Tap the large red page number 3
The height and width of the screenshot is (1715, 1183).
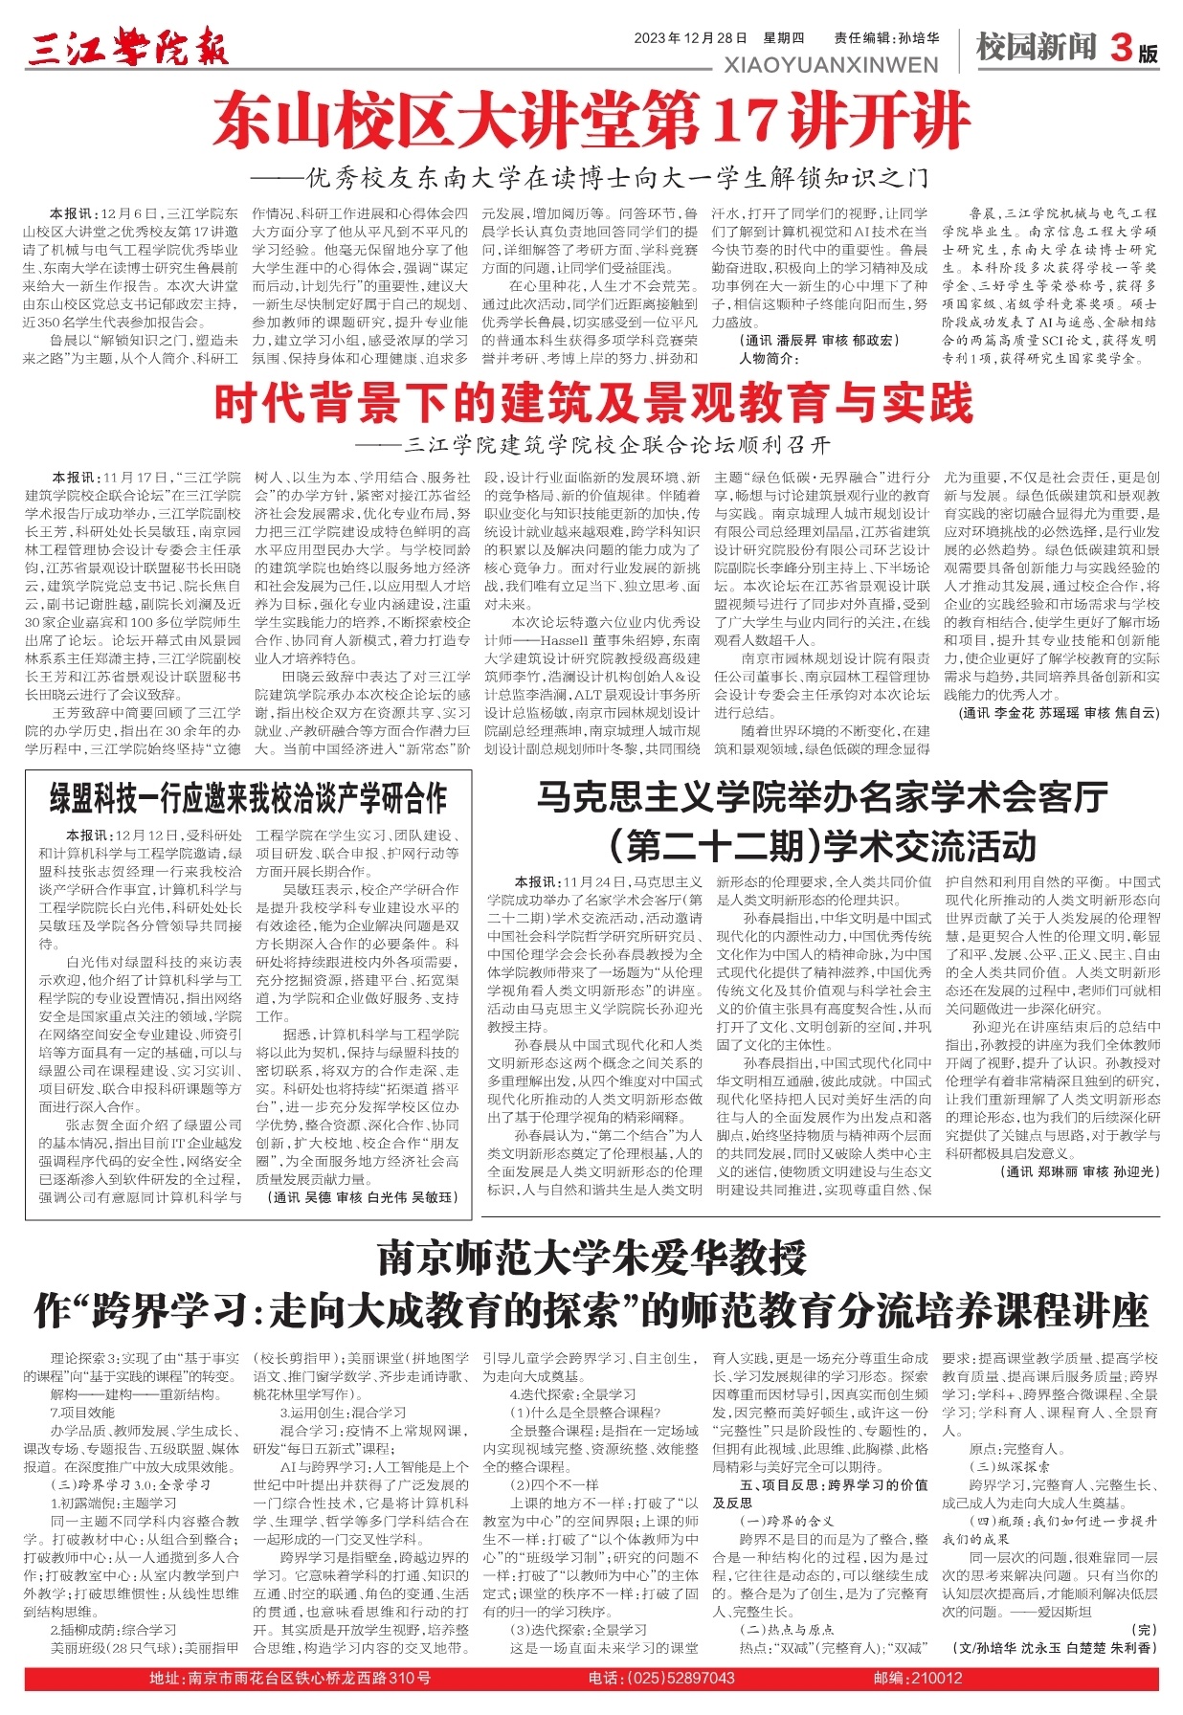(x=1120, y=48)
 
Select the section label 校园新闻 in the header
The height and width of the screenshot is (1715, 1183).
(x=1036, y=46)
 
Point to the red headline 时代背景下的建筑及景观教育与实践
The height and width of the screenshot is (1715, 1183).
(x=592, y=405)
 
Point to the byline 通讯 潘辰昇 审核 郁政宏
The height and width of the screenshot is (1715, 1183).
(x=819, y=340)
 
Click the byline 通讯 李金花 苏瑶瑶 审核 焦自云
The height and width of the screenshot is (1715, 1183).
(x=1058, y=713)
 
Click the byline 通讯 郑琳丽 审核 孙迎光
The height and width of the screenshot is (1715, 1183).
(x=1082, y=1171)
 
